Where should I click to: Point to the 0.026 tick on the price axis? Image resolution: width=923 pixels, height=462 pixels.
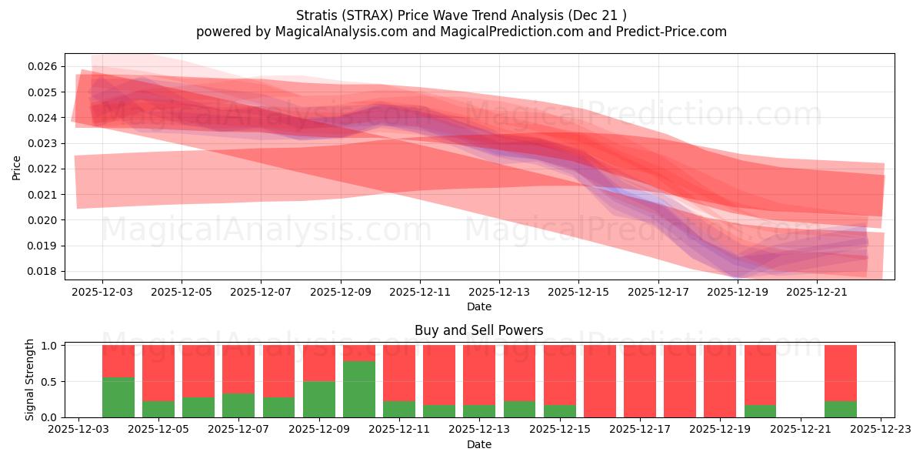(44, 66)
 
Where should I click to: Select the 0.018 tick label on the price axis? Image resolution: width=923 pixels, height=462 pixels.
(44, 271)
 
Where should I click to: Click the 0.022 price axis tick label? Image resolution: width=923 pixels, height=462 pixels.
(44, 169)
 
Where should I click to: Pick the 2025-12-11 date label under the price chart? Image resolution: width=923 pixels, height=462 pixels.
(420, 293)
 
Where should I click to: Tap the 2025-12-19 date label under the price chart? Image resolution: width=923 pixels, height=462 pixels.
(738, 293)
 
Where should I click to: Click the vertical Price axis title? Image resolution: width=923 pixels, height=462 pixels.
(17, 167)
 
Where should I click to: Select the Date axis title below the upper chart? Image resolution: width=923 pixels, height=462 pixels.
(478, 306)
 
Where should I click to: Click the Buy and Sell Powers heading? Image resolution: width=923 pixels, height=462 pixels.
(478, 330)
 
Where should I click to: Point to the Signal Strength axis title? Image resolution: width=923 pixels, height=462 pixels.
(29, 380)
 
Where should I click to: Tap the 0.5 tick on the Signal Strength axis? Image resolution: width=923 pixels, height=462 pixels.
(50, 381)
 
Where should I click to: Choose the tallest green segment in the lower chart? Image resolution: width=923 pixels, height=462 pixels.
(359, 389)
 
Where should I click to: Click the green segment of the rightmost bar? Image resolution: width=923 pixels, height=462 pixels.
(840, 409)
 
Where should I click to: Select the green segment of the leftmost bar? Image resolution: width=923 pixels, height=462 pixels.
(118, 397)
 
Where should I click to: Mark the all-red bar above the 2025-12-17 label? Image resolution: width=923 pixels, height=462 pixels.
(640, 381)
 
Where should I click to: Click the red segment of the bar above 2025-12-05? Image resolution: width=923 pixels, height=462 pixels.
(158, 373)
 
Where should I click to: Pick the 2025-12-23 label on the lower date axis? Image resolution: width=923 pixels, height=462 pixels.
(881, 430)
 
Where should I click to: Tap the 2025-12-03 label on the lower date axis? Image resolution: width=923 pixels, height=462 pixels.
(78, 430)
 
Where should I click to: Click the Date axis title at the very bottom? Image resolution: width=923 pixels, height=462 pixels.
(478, 444)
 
